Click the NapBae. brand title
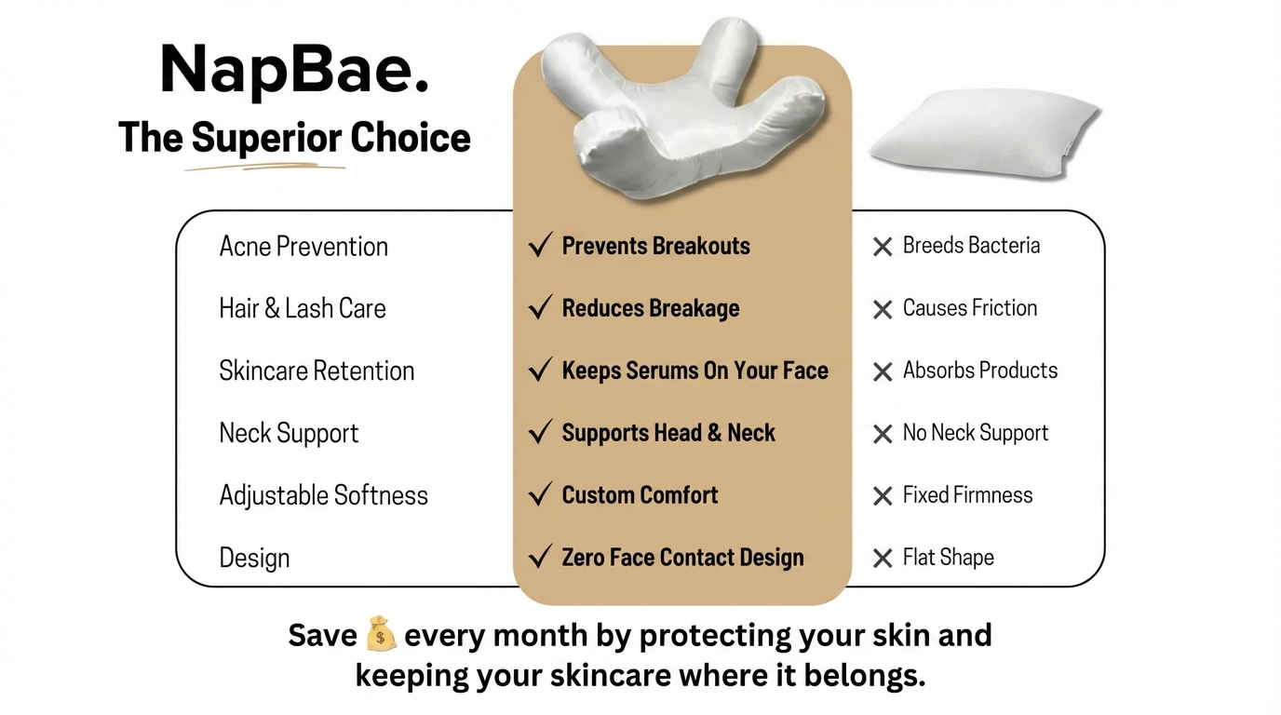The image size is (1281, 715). [294, 70]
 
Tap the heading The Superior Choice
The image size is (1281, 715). [294, 138]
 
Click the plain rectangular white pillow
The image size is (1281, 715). [985, 135]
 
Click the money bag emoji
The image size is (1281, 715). [380, 633]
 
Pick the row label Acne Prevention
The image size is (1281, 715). [303, 247]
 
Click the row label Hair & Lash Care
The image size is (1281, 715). [303, 309]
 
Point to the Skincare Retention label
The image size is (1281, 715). [317, 371]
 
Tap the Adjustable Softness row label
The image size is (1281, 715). [324, 495]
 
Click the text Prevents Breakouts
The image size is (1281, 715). [656, 246]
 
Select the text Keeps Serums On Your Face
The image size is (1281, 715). [694, 371]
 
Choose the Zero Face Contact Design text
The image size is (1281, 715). [682, 558]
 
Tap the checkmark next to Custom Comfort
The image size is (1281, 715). [540, 493]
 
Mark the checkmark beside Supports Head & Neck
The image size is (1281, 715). [540, 431]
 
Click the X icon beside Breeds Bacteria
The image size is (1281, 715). [883, 247]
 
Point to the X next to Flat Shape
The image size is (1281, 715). [883, 559]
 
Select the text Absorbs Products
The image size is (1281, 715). [980, 371]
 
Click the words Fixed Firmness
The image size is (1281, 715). [967, 495]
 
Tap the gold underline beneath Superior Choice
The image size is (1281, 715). [264, 167]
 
